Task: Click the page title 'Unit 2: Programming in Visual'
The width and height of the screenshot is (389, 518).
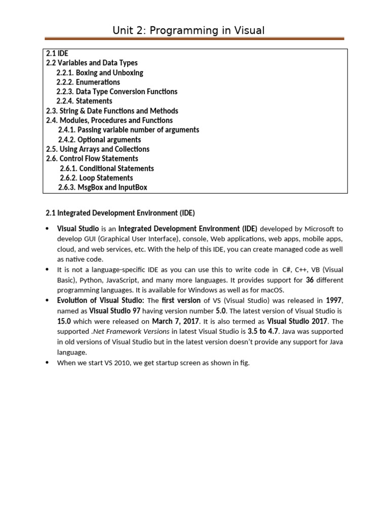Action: point(188,31)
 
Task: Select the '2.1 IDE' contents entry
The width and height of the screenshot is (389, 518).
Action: point(57,53)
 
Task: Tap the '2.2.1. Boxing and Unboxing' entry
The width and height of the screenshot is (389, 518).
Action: point(100,72)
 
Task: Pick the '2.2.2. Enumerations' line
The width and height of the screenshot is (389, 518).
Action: point(88,82)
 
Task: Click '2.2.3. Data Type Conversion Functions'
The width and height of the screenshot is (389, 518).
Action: point(117,92)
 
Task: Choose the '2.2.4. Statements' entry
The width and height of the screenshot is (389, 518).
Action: point(84,101)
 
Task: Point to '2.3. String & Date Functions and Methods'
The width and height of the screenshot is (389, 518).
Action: point(112,111)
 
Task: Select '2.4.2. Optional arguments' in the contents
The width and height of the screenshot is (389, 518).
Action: point(100,140)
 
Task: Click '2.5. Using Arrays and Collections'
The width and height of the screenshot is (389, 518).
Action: point(98,149)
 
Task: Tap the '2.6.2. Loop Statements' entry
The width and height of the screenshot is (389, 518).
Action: point(96,178)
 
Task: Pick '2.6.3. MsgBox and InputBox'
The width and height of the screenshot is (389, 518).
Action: point(103,188)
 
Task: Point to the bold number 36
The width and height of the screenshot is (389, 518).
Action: point(310,280)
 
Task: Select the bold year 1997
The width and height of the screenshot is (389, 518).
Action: point(334,300)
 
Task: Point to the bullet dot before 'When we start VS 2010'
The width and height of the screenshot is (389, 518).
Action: point(47,363)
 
